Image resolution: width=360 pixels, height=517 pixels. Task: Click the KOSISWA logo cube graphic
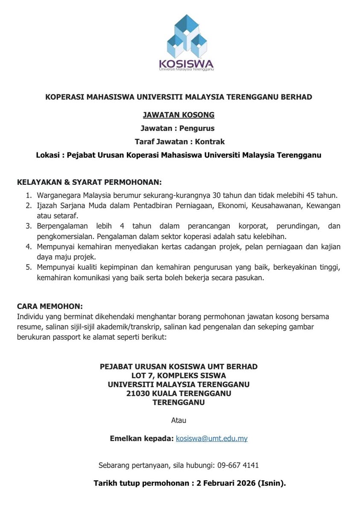pos(187,37)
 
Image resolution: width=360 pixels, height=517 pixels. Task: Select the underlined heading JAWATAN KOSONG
pos(179,115)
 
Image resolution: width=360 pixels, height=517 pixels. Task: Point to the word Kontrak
pos(210,141)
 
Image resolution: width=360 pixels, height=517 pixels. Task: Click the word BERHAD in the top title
pos(296,97)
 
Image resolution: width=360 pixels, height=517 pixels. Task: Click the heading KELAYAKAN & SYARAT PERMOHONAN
pos(89,182)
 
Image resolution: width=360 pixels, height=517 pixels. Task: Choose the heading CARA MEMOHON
pos(50,307)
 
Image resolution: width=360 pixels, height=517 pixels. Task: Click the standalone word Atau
pos(179,420)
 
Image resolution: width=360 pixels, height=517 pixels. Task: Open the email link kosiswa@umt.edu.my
pos(211,438)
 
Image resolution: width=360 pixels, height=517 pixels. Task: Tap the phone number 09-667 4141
pos(238,465)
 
